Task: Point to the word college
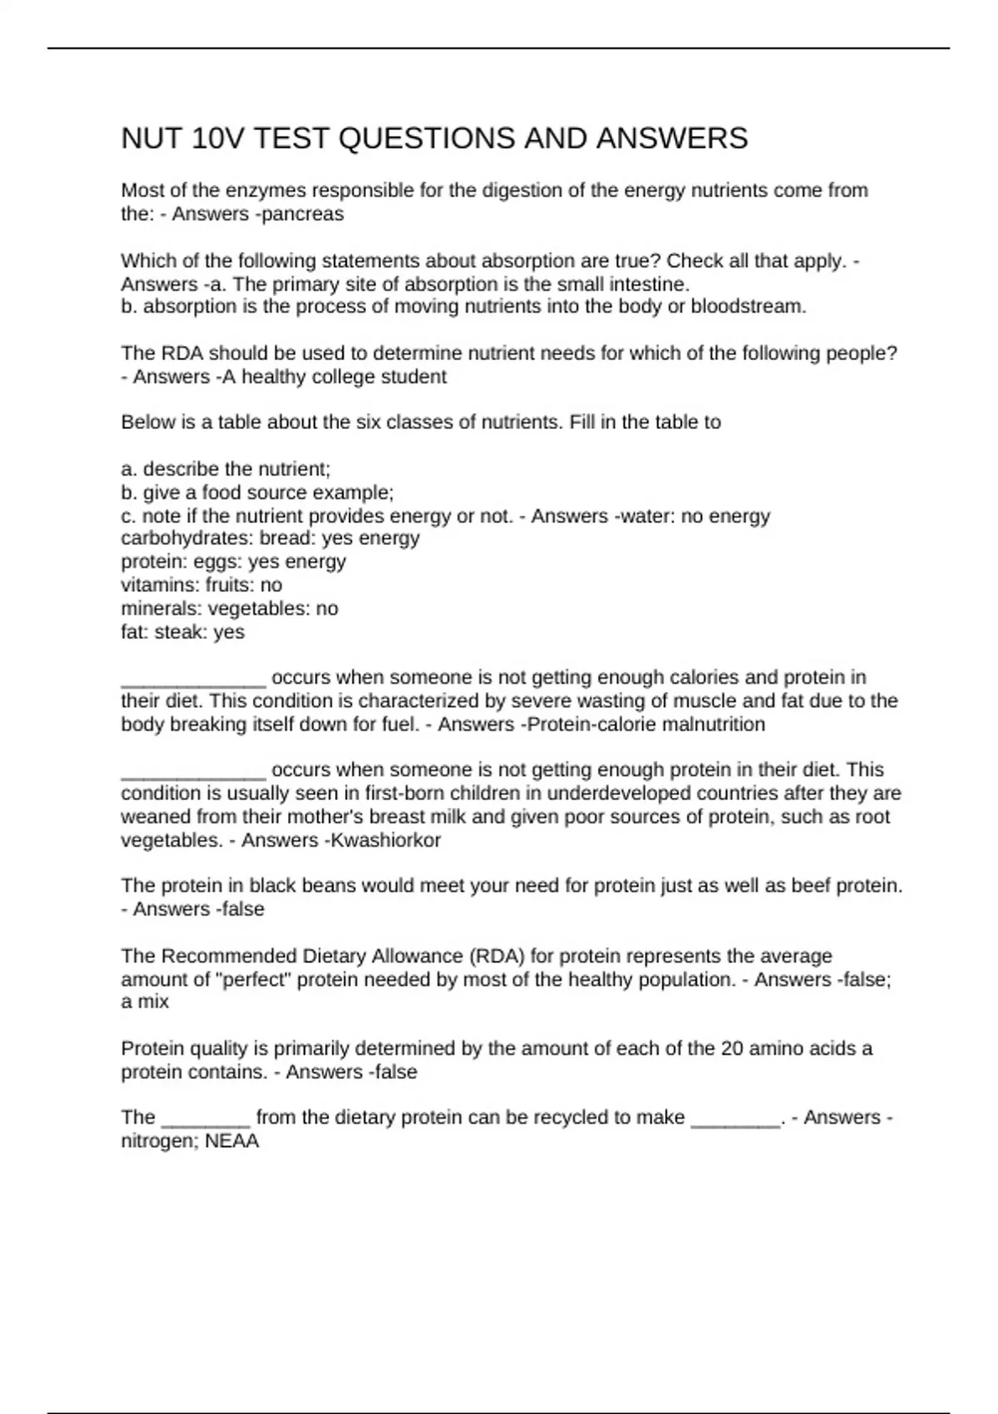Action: (342, 377)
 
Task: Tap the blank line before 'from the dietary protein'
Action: (205, 1120)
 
